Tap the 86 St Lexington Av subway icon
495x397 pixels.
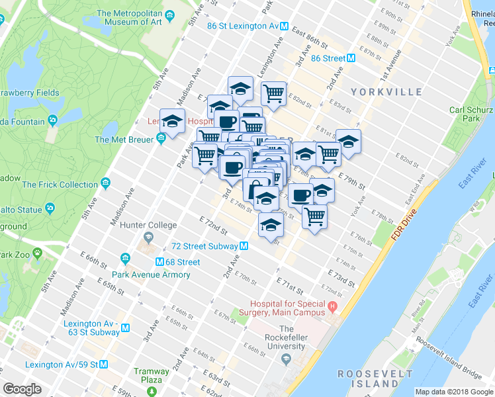[x=284, y=26]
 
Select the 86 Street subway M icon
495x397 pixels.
[x=351, y=58]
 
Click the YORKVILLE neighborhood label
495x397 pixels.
[x=386, y=91]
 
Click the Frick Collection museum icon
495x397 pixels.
[x=106, y=184]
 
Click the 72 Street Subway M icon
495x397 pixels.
[x=244, y=246]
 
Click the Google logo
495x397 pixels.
[x=22, y=388]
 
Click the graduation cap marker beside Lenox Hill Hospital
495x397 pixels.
[x=172, y=121]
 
